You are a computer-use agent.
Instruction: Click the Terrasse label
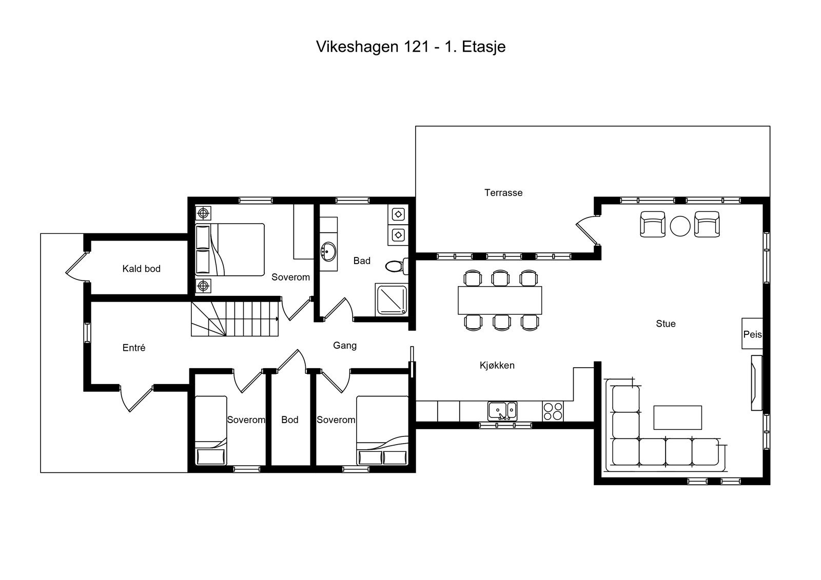point(503,193)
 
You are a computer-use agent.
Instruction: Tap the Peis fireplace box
point(752,334)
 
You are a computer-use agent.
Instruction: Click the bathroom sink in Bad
point(328,251)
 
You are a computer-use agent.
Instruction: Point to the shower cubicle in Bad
point(392,299)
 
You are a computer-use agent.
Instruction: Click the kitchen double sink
point(502,411)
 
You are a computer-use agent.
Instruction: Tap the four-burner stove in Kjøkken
point(553,411)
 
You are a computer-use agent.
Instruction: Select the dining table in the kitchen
point(500,300)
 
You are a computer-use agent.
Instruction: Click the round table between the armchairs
point(680,226)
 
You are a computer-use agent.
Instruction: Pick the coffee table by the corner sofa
point(677,417)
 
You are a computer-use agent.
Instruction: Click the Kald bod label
point(141,269)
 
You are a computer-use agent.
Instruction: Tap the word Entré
point(134,348)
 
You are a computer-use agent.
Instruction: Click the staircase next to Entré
point(235,318)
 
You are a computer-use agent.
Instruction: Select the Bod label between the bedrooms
point(289,420)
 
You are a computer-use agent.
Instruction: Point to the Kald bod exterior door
point(77,267)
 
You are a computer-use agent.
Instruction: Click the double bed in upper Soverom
point(230,250)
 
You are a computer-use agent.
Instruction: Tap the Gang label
point(344,346)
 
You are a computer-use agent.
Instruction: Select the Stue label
point(666,324)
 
